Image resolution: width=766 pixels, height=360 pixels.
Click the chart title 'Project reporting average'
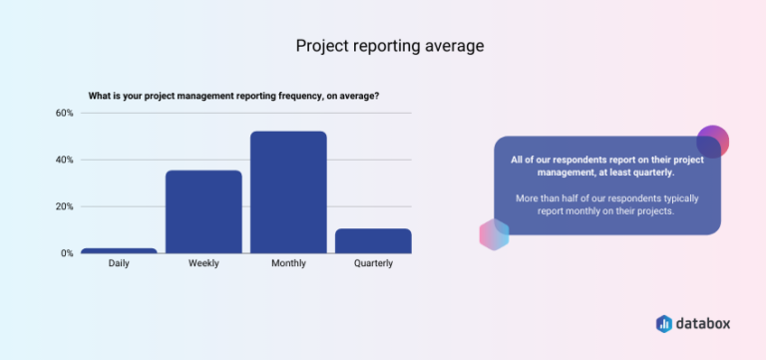383,46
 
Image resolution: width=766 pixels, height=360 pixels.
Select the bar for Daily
119,250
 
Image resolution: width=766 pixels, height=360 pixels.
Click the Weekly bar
203,211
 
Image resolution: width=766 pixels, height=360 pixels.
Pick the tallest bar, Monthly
288,192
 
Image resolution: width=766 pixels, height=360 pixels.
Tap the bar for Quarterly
373,240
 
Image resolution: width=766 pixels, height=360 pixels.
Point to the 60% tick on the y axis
64,113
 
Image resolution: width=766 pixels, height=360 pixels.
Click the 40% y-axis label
64,160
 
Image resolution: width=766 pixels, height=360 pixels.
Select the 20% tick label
64,206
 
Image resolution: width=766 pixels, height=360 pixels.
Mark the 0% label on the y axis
67,253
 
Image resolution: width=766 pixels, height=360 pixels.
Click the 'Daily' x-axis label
119,264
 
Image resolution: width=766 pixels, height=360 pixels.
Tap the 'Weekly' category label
203,264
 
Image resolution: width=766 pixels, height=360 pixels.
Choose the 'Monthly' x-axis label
288,264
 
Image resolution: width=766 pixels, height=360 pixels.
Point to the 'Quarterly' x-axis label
373,264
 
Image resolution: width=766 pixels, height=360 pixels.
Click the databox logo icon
664,323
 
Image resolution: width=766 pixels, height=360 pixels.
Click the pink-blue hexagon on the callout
495,234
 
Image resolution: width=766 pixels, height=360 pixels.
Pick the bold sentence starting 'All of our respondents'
606,166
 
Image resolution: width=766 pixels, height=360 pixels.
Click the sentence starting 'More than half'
606,204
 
